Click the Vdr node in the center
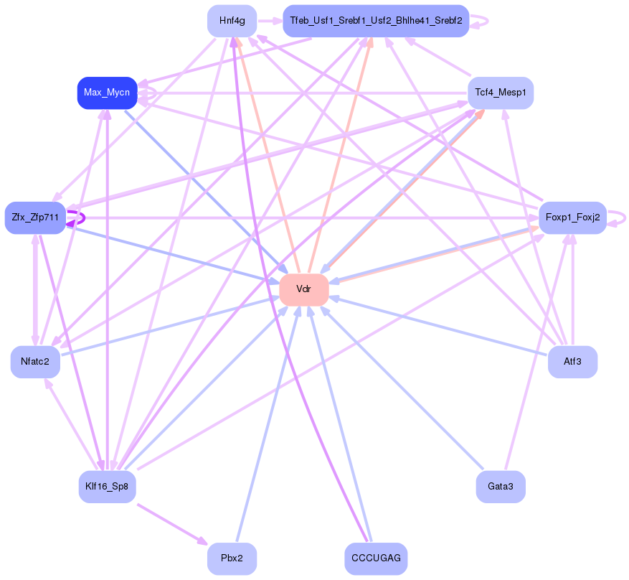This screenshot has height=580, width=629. (x=304, y=289)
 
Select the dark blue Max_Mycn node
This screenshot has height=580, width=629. (x=107, y=93)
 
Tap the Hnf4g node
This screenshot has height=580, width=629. (x=232, y=21)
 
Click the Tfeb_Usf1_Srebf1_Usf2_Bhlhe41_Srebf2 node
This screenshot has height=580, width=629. (x=376, y=21)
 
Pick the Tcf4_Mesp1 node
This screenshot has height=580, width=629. (x=501, y=93)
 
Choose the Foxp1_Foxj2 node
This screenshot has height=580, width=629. (x=572, y=217)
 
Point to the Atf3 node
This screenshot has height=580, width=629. (x=572, y=362)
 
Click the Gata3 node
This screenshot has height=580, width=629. (x=501, y=487)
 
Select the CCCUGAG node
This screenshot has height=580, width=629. (x=376, y=558)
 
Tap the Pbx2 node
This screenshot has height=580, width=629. (x=232, y=558)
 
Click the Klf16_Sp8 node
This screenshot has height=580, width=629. (x=107, y=487)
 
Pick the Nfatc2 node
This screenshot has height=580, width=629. (x=35, y=362)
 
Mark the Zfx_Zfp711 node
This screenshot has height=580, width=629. (x=35, y=217)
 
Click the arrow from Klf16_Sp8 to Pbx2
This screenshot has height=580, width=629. (x=172, y=525)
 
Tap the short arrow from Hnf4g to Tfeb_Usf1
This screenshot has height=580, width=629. (x=269, y=21)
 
